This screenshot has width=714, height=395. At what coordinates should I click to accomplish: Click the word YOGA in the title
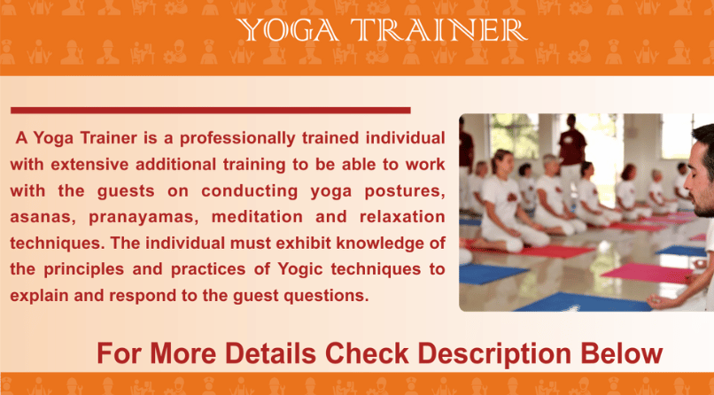[x=287, y=30]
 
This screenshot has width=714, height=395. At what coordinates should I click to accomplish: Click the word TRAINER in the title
[x=438, y=30]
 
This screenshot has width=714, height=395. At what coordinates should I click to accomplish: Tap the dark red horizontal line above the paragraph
[x=210, y=110]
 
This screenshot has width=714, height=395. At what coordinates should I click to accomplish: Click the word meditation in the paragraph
[x=257, y=217]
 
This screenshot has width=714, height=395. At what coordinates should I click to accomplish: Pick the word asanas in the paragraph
[x=43, y=217]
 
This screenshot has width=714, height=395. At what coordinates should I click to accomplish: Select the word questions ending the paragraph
[x=326, y=296]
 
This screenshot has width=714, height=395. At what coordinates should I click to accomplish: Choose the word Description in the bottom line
[x=494, y=353]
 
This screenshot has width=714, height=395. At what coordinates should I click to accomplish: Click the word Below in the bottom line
[x=622, y=353]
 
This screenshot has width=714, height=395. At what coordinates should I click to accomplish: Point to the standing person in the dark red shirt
[x=571, y=151]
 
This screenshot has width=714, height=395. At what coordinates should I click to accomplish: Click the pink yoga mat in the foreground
[x=648, y=273]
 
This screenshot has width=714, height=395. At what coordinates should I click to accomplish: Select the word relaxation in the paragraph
[x=402, y=217]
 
